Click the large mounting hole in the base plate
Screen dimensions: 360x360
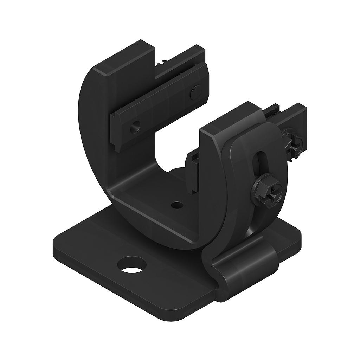point(133,265)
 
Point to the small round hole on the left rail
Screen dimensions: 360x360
point(134,127)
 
